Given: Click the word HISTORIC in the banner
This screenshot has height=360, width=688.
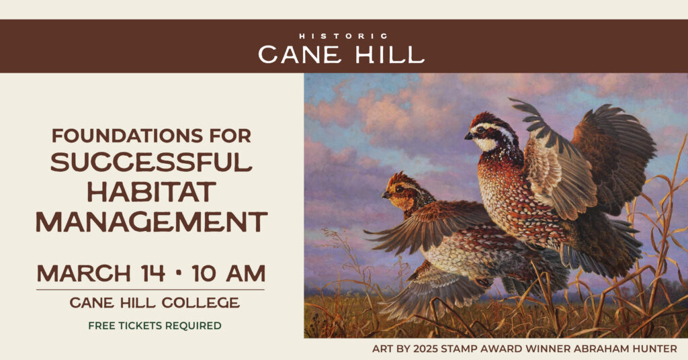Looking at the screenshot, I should (x=343, y=36).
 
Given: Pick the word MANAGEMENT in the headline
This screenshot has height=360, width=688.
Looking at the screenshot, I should (x=151, y=221).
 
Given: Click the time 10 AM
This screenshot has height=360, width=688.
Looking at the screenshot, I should (x=228, y=274).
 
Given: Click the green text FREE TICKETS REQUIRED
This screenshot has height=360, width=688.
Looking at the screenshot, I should (x=155, y=326).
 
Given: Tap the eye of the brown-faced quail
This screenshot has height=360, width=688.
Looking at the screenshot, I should (x=398, y=189).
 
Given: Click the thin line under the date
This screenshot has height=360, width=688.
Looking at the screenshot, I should (x=150, y=289).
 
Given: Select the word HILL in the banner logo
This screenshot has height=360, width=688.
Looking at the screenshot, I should (x=392, y=55).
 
